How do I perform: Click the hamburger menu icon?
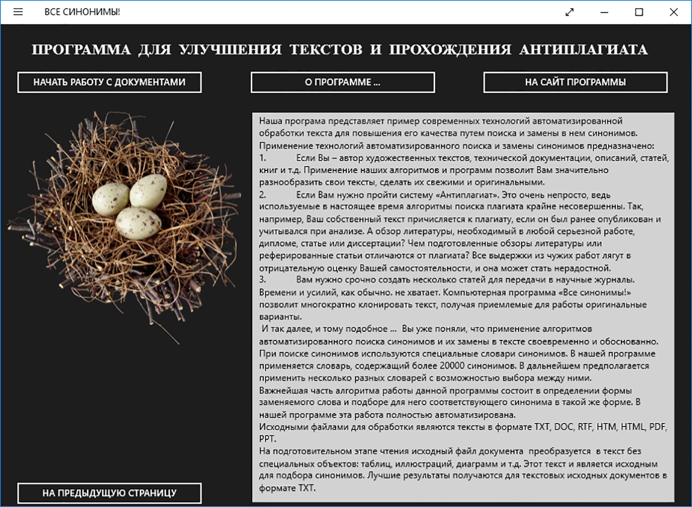[18, 12]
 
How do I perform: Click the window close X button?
[673, 12]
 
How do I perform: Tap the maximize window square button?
[639, 12]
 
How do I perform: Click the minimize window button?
[604, 12]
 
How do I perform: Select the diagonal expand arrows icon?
[569, 12]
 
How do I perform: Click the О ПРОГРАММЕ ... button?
[342, 83]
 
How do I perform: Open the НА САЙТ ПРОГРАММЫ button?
[575, 83]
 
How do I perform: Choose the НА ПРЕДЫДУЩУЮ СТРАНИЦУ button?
[109, 493]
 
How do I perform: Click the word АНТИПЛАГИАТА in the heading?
[583, 50]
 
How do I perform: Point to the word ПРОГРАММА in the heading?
[81, 50]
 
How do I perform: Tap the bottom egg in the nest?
[138, 222]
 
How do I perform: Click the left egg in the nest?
[110, 199]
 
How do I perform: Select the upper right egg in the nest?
[148, 191]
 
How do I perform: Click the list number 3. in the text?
[262, 280]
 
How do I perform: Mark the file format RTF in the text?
[585, 427]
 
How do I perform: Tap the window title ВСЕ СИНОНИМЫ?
[82, 12]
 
